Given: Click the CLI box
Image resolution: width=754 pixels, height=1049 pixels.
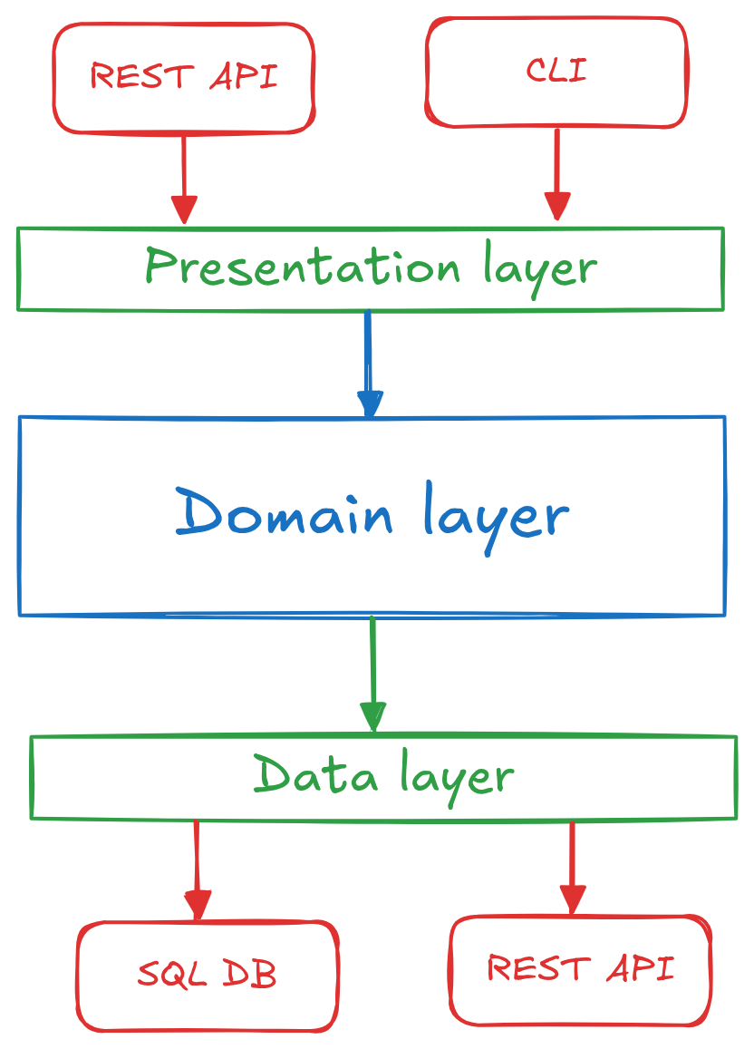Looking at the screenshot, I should coord(556,73).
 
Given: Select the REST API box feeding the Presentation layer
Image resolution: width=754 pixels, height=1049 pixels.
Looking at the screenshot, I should coord(183,78).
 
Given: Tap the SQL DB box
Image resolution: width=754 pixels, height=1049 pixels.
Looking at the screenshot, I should coord(207,976).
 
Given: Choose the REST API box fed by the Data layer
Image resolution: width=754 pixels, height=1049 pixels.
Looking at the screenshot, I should coord(580,969).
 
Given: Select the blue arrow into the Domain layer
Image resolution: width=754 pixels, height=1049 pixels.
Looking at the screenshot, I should coord(369,363).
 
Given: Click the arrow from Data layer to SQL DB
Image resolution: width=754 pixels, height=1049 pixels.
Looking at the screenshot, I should coord(197,870).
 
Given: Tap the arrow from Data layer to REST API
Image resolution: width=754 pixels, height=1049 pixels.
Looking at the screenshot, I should coord(572,867).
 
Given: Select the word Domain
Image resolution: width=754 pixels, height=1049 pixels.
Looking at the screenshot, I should coord(284,514).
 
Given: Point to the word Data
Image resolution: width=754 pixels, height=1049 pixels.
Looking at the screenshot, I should coord(314,776).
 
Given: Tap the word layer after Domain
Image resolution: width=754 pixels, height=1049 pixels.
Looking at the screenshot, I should coord(495,517).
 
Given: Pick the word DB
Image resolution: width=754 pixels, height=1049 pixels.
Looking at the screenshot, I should coord(247,975).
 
